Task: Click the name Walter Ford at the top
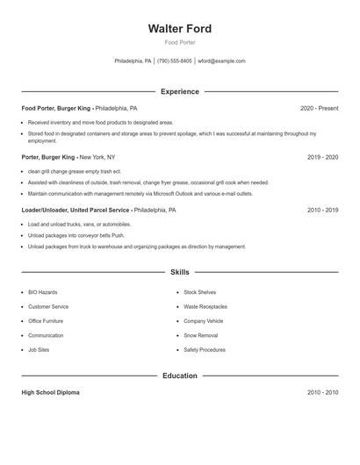(x=180, y=29)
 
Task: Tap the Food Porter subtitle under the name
(x=180, y=42)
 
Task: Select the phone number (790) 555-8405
(x=175, y=61)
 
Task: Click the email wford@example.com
(x=221, y=61)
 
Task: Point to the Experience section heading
(x=180, y=91)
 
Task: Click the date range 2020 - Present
(x=319, y=108)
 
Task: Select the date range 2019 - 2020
(x=322, y=157)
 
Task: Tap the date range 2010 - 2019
(x=322, y=211)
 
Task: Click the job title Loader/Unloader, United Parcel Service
(x=76, y=211)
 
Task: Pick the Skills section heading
(x=180, y=272)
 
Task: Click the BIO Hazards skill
(x=44, y=292)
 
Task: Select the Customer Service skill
(x=48, y=307)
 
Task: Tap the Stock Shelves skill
(x=200, y=292)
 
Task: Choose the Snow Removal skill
(x=200, y=335)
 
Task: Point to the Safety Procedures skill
(x=205, y=349)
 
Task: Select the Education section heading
(x=180, y=376)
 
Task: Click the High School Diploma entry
(x=50, y=392)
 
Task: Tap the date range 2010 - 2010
(x=322, y=392)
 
